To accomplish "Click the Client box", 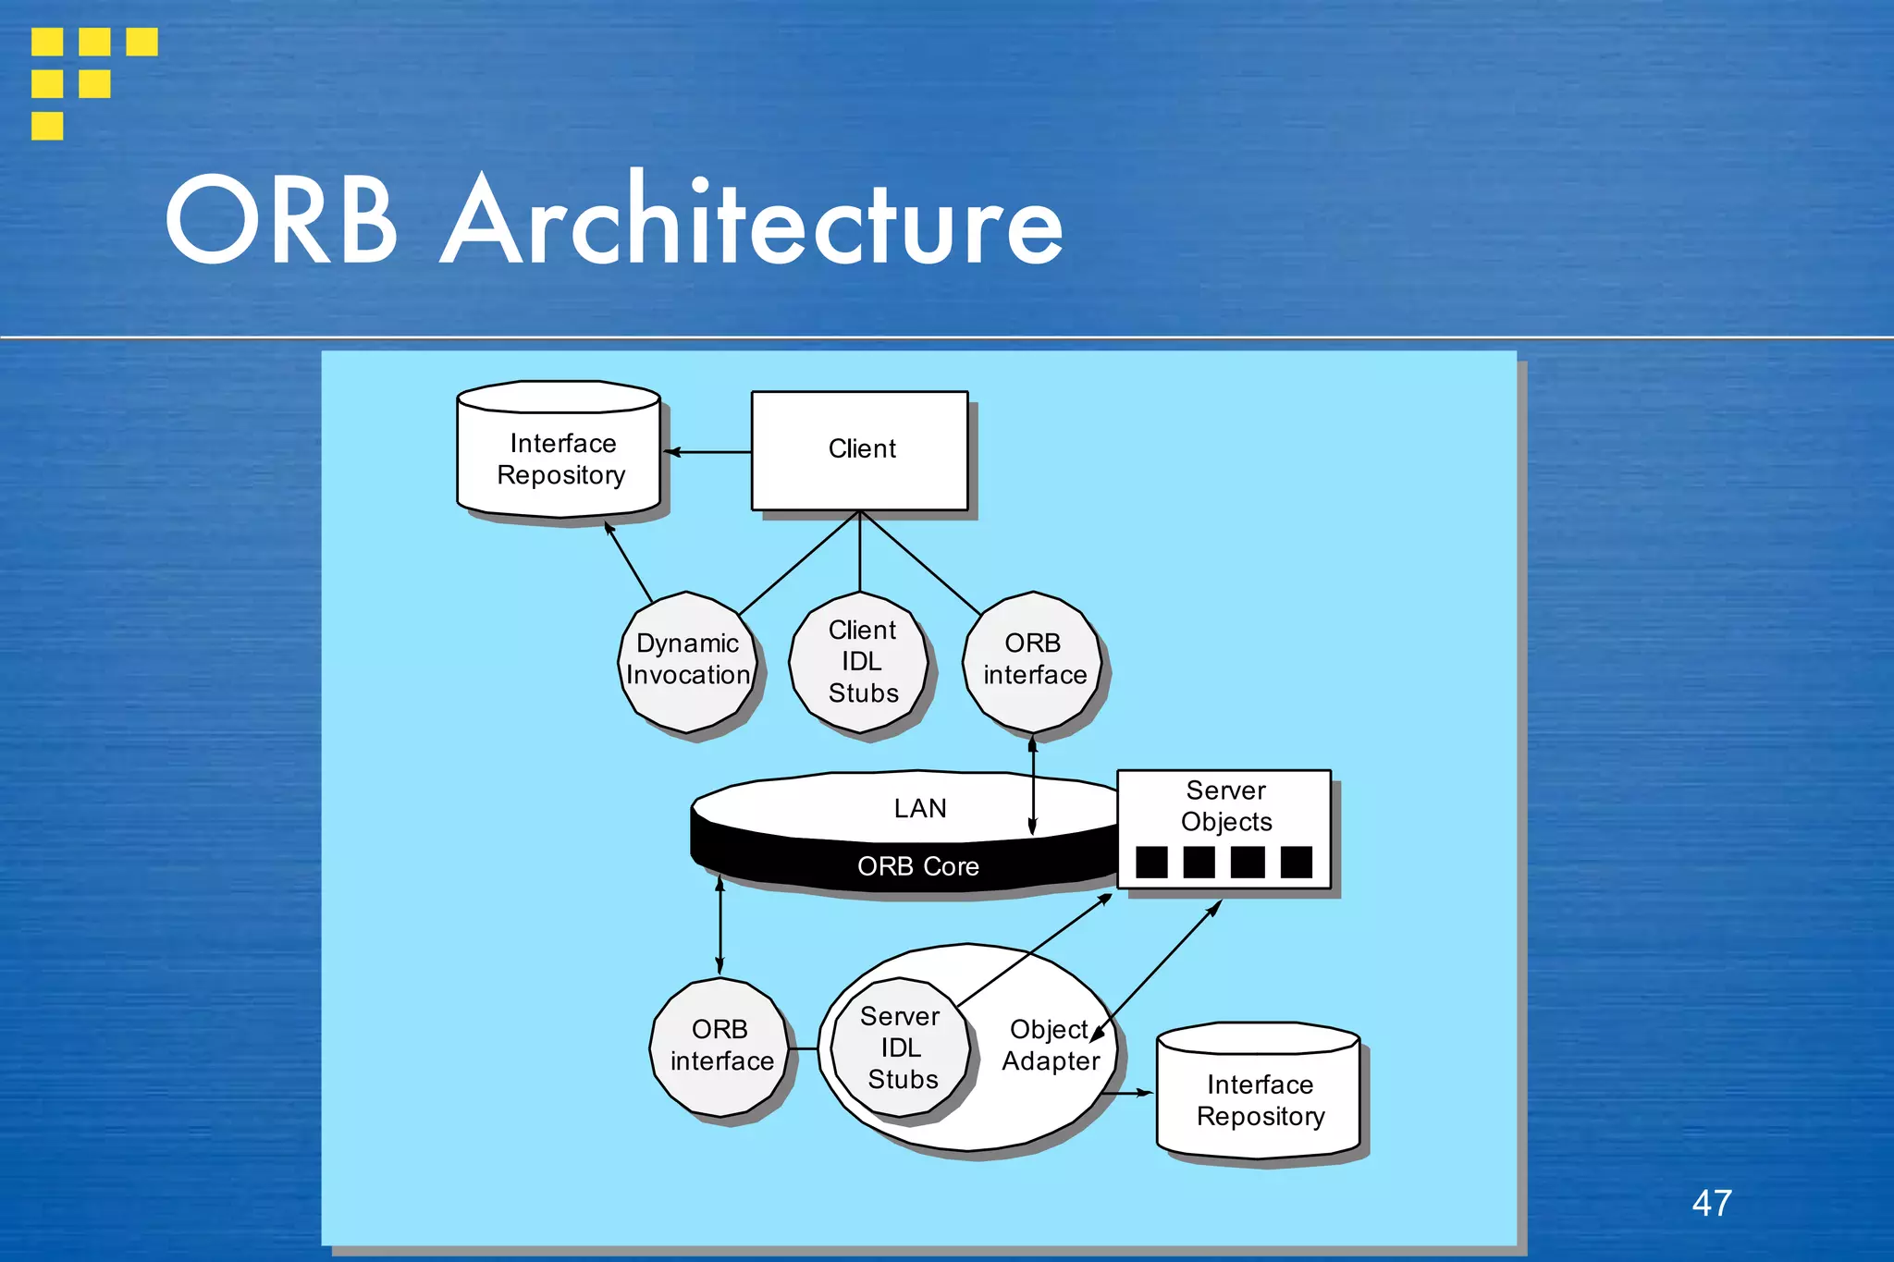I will coord(860,450).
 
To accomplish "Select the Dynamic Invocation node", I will coord(687,660).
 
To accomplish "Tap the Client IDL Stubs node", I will coord(860,661).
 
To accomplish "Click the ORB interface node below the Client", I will coord(1033,660).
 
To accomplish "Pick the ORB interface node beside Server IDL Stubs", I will coord(720,1047).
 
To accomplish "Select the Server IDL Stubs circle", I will coord(901,1048).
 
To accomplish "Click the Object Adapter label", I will coord(1051,1046).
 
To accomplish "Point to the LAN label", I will coord(919,808).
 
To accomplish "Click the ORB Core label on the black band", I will coord(917,866).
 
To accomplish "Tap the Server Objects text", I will coord(1226,806).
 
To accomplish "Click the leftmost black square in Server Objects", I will coord(1151,862).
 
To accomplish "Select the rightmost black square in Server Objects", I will coord(1296,862).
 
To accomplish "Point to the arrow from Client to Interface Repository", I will coord(707,452).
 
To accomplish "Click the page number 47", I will coord(1712,1203).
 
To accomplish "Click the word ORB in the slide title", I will coord(281,223).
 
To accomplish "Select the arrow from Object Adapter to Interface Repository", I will coord(1129,1093).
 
